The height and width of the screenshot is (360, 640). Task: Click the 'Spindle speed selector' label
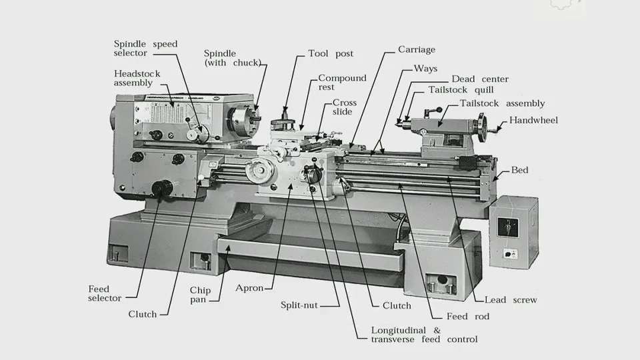[145, 49]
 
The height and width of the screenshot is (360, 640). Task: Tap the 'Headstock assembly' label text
[137, 78]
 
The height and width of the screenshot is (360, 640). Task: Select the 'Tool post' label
[331, 53]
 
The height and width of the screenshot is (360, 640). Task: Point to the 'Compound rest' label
[342, 83]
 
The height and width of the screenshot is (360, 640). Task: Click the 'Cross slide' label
[345, 107]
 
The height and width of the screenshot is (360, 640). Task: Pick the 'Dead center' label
[480, 79]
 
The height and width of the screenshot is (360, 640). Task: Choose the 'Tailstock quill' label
[461, 90]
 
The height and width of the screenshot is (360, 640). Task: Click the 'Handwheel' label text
[533, 121]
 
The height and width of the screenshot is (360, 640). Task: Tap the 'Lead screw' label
[511, 300]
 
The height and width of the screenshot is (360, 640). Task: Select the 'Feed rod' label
[467, 316]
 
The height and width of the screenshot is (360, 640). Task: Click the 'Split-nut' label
[299, 305]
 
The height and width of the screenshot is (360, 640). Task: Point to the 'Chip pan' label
[200, 295]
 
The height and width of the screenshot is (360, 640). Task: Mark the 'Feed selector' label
[105, 293]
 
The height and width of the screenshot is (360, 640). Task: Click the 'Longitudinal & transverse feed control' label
[424, 335]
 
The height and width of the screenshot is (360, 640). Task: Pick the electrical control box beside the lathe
[513, 230]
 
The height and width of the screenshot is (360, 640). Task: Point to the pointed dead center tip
[399, 122]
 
